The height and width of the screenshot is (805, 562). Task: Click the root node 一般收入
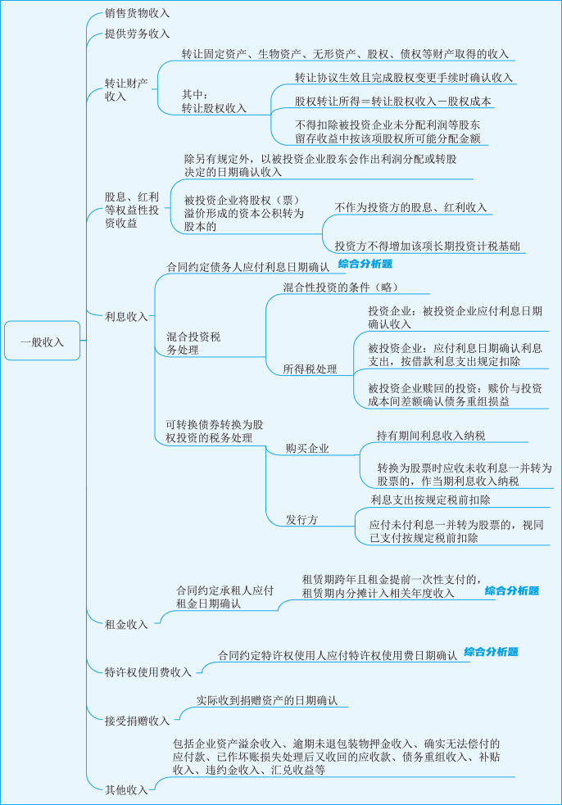[42, 341]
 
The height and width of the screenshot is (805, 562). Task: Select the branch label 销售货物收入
[137, 13]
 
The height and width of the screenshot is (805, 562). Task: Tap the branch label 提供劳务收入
[137, 34]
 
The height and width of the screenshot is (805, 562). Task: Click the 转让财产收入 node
[126, 89]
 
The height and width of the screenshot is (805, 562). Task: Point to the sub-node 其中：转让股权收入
[214, 102]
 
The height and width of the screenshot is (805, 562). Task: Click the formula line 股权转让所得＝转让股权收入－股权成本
[393, 102]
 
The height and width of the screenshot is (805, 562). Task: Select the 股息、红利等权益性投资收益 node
[132, 210]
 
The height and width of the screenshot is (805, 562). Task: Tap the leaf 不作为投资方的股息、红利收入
[410, 207]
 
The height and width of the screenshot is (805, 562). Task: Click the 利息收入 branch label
[126, 316]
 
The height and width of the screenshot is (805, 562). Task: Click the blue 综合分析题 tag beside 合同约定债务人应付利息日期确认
[365, 264]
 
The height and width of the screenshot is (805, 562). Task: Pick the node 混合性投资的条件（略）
[341, 287]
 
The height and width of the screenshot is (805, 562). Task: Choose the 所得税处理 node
[310, 369]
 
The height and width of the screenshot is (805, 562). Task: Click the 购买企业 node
[307, 448]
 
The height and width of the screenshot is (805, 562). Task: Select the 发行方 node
[302, 519]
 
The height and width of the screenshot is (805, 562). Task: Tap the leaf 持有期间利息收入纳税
[431, 436]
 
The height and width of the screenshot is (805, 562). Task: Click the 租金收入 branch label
[126, 624]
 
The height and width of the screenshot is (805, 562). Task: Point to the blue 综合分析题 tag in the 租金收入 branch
[512, 590]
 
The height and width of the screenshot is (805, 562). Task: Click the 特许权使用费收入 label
[148, 672]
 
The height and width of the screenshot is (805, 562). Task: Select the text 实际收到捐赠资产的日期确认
[267, 699]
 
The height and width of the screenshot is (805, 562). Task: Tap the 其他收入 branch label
[126, 789]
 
